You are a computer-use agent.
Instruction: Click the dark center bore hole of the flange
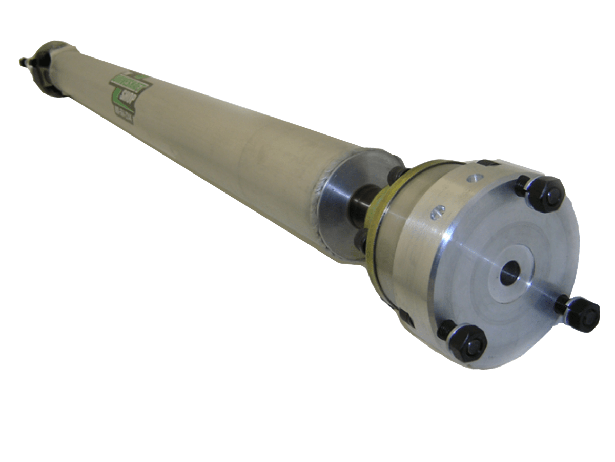tap(509, 273)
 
